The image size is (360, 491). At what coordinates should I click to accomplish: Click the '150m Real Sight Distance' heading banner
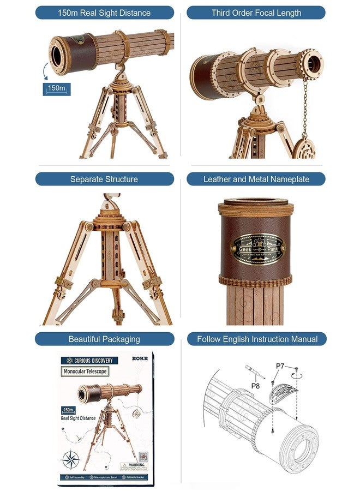pyautogui.click(x=104, y=13)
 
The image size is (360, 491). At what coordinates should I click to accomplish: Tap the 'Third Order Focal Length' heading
pyautogui.click(x=256, y=13)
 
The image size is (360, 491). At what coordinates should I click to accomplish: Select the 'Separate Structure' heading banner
pyautogui.click(x=104, y=179)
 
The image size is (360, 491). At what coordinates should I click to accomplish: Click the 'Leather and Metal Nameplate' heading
pyautogui.click(x=256, y=179)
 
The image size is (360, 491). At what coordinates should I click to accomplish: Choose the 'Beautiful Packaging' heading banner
pyautogui.click(x=104, y=339)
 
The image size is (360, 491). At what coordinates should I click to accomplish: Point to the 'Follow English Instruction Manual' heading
pyautogui.click(x=256, y=339)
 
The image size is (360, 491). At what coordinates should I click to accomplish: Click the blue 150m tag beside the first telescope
pyautogui.click(x=56, y=88)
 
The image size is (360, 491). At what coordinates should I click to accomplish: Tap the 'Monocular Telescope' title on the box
pyautogui.click(x=85, y=372)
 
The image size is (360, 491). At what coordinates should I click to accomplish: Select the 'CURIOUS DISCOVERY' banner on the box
pyautogui.click(x=90, y=361)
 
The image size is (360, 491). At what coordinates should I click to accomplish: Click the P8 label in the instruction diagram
pyautogui.click(x=255, y=386)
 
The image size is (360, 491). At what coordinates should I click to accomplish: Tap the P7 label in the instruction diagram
pyautogui.click(x=280, y=366)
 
